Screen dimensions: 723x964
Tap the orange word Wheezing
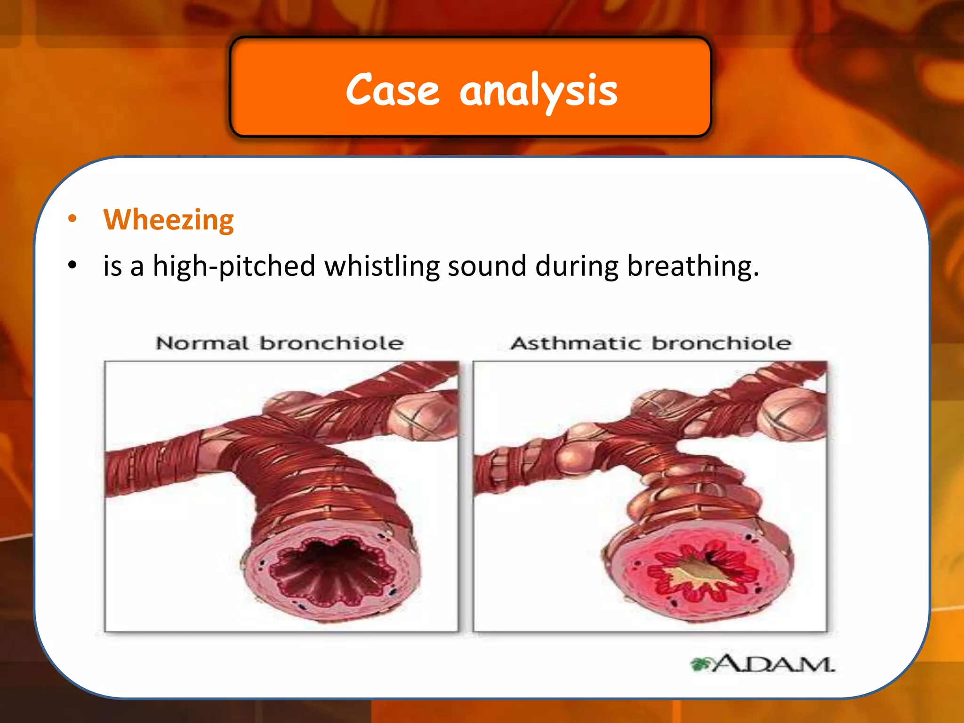(169, 220)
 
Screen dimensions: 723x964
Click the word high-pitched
(234, 266)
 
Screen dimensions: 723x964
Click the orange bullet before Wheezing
(72, 218)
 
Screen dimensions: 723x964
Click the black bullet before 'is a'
(72, 265)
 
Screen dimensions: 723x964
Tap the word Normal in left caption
(202, 343)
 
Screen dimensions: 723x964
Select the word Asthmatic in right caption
(576, 343)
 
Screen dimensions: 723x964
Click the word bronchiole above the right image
(721, 343)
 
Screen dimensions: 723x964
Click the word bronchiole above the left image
(331, 343)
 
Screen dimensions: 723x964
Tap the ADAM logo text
(772, 664)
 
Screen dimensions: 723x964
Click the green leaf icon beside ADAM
(700, 664)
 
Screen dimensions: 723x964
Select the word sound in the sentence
(487, 266)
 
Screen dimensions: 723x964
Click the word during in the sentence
(577, 266)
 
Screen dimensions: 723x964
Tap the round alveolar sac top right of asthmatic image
(791, 414)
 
